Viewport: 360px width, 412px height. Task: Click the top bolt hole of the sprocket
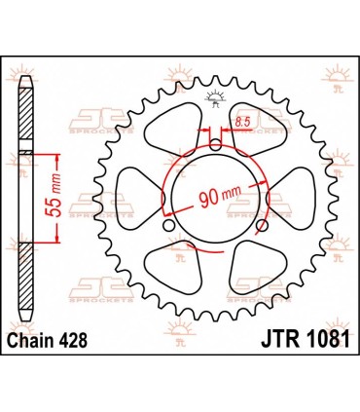coord(214,146)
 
